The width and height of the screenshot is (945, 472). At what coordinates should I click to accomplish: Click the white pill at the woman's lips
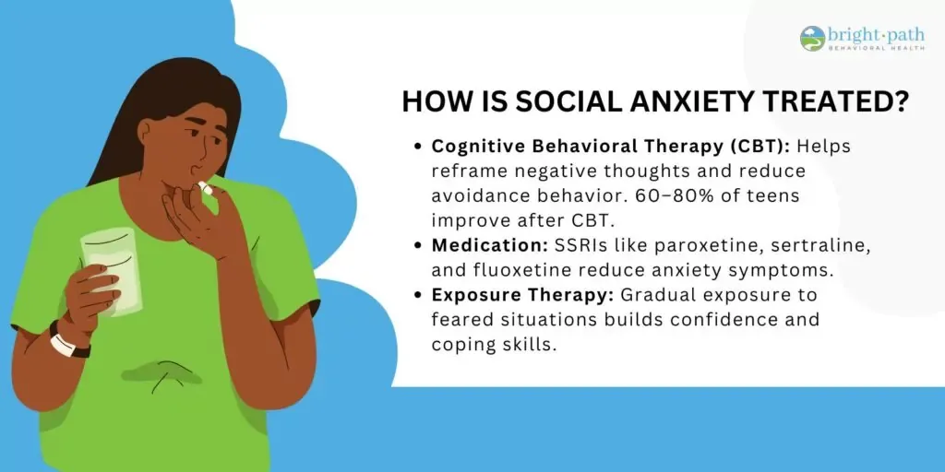click(206, 188)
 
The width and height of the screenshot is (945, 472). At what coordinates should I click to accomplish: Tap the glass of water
click(112, 271)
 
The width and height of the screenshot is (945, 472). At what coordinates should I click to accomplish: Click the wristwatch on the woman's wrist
click(68, 341)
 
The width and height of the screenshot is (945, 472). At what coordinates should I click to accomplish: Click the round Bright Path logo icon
click(812, 39)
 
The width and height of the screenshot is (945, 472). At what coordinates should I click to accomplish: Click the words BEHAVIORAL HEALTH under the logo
click(876, 48)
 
